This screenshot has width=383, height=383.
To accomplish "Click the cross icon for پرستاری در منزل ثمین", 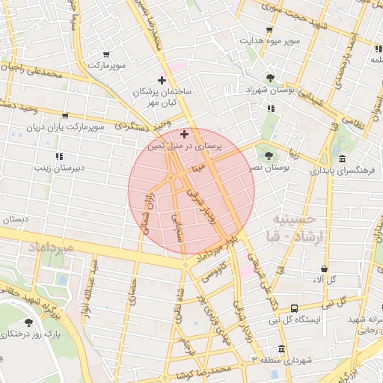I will click(185, 133).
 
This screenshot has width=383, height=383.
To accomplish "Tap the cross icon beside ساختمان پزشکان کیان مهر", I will click(162, 80).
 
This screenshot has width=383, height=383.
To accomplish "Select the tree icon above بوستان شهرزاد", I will click(270, 77).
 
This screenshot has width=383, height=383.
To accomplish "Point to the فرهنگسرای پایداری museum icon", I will click(342, 159).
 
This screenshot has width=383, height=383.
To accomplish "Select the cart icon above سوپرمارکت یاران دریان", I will click(65, 116).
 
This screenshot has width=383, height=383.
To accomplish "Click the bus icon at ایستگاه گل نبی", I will click(294, 307).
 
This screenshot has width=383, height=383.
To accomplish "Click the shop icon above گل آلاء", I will click(324, 269).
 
